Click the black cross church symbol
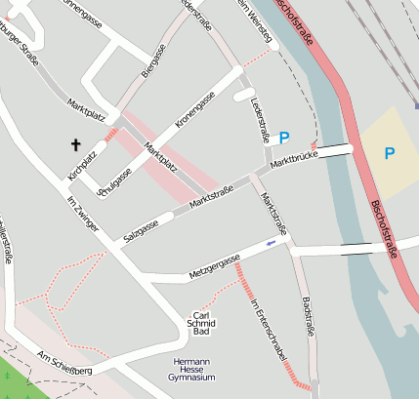click(x=75, y=145)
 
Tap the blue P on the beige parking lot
click(x=390, y=153)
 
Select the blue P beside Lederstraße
click(x=284, y=139)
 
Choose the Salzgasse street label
click(x=143, y=228)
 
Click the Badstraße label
click(x=309, y=316)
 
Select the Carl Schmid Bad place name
click(x=200, y=323)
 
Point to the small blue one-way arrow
click(x=272, y=243)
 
